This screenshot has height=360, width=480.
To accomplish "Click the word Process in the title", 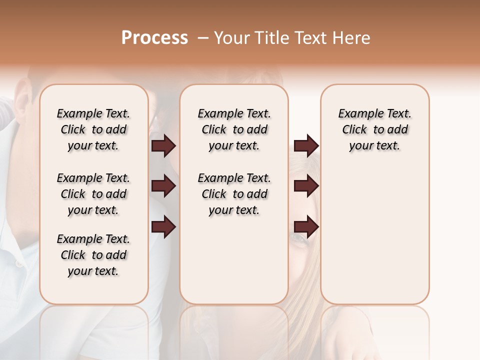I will (154, 38).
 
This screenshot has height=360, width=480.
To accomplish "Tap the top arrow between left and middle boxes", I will (163, 146).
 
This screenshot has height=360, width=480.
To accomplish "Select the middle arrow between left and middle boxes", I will (163, 186).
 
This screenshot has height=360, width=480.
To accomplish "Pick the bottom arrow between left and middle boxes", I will (163, 227).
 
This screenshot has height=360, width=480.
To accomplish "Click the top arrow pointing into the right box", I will (306, 146).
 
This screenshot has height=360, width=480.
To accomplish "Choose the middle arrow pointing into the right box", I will (306, 186).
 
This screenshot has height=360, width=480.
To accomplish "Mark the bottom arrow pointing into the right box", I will (306, 227).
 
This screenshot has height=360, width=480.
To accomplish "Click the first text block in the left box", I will (93, 129).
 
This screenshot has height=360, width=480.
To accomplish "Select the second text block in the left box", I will (93, 194).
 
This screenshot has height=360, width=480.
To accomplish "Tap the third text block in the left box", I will (93, 255).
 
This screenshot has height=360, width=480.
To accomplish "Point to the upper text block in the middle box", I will (234, 129).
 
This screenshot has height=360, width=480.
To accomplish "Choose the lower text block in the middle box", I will (234, 194).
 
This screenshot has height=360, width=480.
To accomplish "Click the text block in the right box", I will (374, 129).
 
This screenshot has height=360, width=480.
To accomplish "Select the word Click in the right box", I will (354, 130).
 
